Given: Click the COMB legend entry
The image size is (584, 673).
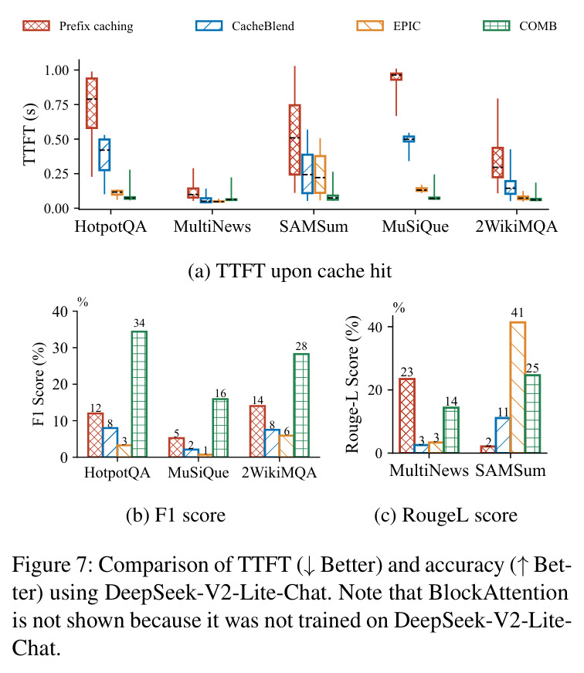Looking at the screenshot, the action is [x=520, y=25].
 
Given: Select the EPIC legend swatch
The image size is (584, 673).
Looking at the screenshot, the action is [x=370, y=25].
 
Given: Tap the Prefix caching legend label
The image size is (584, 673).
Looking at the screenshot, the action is [x=96, y=26].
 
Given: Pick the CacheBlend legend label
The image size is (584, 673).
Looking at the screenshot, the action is [x=263, y=25].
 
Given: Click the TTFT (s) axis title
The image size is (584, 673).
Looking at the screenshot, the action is [x=30, y=134].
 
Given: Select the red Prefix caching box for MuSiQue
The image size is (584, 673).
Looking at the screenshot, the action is [x=396, y=76].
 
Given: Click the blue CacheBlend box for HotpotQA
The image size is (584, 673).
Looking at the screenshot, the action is [x=104, y=155].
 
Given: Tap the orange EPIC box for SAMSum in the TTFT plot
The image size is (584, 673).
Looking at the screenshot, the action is [x=320, y=175].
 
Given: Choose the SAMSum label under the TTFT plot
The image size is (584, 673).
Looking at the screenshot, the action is [x=314, y=226].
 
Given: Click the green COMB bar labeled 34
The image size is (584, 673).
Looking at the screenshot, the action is [x=139, y=393].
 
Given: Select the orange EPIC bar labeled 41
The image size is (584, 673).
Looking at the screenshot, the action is [x=518, y=387].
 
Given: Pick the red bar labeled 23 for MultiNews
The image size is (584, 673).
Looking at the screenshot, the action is [x=407, y=416].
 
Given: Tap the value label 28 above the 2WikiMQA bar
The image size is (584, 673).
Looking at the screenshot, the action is [x=301, y=346].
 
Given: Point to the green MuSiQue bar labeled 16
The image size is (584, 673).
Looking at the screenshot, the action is [x=220, y=427].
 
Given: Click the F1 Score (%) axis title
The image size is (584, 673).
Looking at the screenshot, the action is [x=39, y=384].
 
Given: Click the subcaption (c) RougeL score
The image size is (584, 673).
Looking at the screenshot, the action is [x=446, y=515].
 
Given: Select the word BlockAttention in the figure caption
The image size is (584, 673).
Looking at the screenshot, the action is [x=498, y=593].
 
